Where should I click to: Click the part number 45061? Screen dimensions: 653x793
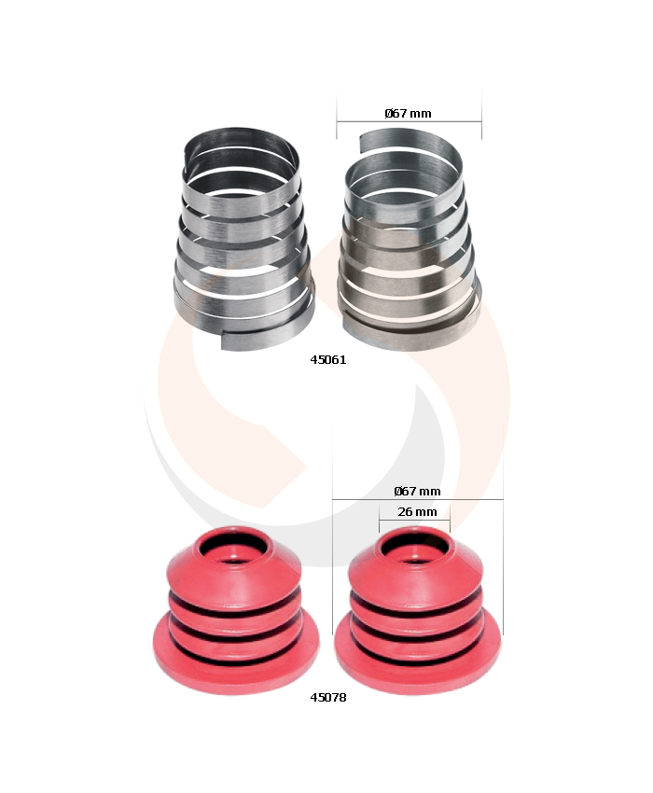[327, 359]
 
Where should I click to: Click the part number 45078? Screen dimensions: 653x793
[327, 698]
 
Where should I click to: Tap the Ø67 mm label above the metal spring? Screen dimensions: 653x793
[409, 113]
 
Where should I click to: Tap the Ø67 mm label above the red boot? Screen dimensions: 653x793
[417, 491]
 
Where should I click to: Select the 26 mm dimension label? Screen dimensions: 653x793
[417, 512]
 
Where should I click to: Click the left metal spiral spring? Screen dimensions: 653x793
[243, 238]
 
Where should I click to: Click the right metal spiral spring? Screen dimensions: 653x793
[410, 240]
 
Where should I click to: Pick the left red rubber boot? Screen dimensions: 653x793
[236, 610]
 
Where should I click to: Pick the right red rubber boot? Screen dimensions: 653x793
[418, 610]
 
